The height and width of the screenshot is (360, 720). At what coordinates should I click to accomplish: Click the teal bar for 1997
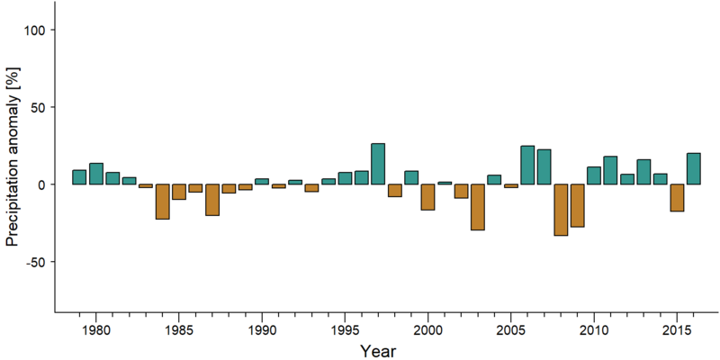pyautogui.click(x=378, y=164)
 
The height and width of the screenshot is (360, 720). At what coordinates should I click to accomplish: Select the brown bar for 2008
pyautogui.click(x=561, y=210)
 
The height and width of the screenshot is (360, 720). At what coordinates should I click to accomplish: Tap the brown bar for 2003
pyautogui.click(x=478, y=207)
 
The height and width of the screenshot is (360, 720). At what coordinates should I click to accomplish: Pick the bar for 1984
pyautogui.click(x=163, y=202)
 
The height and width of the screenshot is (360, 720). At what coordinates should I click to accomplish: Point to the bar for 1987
pyautogui.click(x=212, y=200)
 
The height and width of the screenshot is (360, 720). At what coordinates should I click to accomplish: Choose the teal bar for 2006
pyautogui.click(x=527, y=166)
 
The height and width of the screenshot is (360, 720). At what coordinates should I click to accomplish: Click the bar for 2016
pyautogui.click(x=693, y=168)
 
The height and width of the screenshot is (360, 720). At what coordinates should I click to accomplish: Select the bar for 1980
pyautogui.click(x=96, y=174)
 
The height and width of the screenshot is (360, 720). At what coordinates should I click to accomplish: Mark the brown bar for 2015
pyautogui.click(x=677, y=198)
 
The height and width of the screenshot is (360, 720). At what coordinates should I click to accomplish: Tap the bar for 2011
pyautogui.click(x=610, y=170)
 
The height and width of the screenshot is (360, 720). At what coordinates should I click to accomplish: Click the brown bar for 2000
pyautogui.click(x=428, y=197)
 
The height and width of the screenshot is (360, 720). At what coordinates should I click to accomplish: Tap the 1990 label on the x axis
pyautogui.click(x=262, y=330)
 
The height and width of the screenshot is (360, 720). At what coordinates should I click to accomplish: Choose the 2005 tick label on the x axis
pyautogui.click(x=510, y=330)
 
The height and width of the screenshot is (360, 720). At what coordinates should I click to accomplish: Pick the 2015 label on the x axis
pyautogui.click(x=677, y=330)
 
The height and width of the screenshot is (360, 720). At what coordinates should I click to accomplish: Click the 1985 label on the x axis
pyautogui.click(x=178, y=330)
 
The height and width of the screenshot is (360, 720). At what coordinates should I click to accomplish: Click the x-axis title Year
pyautogui.click(x=377, y=351)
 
